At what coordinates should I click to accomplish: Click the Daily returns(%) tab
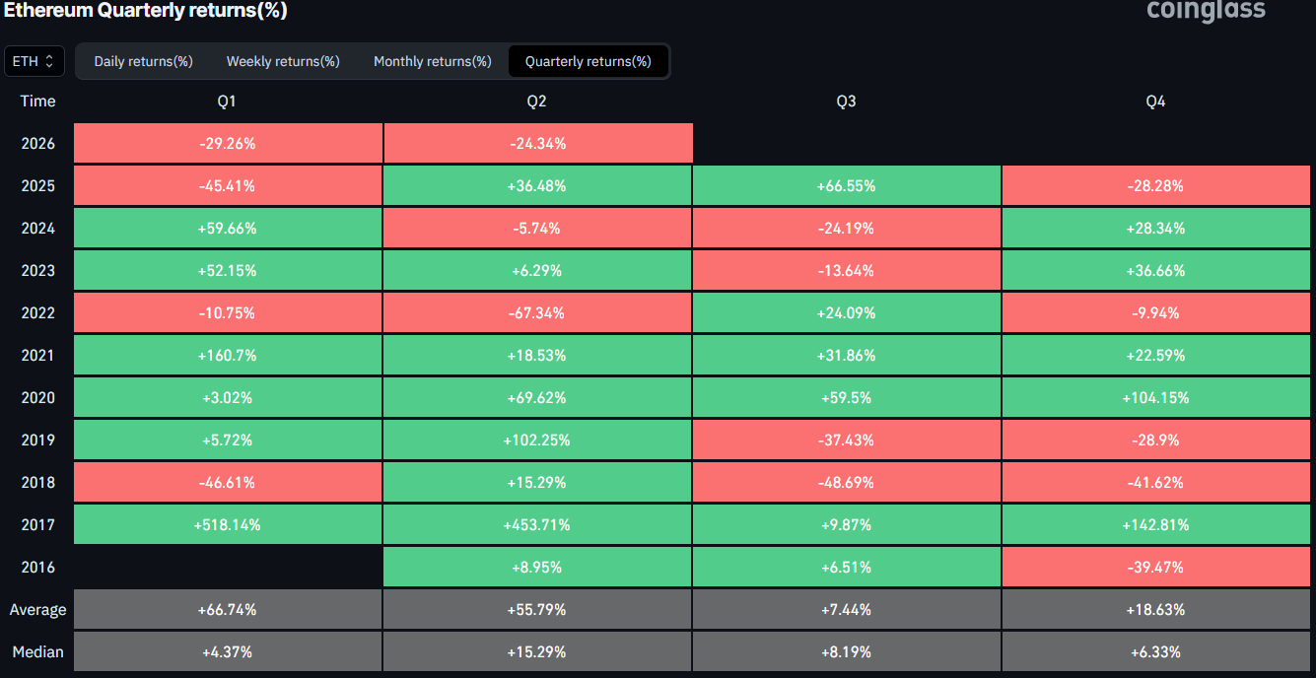143,61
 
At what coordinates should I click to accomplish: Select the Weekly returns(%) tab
283,61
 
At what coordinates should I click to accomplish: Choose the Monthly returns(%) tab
433,61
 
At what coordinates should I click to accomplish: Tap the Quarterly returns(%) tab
589,61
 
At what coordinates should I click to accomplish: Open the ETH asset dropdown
35,61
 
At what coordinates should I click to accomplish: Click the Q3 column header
846,102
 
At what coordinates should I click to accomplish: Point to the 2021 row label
37,356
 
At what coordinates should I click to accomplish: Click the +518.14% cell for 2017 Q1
228,524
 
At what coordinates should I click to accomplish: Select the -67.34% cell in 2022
536,313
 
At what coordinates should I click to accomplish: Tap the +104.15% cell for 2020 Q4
1155,398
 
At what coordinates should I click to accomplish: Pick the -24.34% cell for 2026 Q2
537,143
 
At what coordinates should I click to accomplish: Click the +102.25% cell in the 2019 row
536,441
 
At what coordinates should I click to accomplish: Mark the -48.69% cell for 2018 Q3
846,482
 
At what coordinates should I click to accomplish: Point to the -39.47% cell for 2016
1155,567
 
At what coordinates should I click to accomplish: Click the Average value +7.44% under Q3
846,609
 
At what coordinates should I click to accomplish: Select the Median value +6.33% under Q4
1155,651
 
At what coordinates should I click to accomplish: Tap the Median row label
37,651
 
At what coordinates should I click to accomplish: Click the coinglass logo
1206,10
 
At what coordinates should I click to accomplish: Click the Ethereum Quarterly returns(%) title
146,10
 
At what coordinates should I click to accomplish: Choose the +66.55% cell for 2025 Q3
846,185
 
